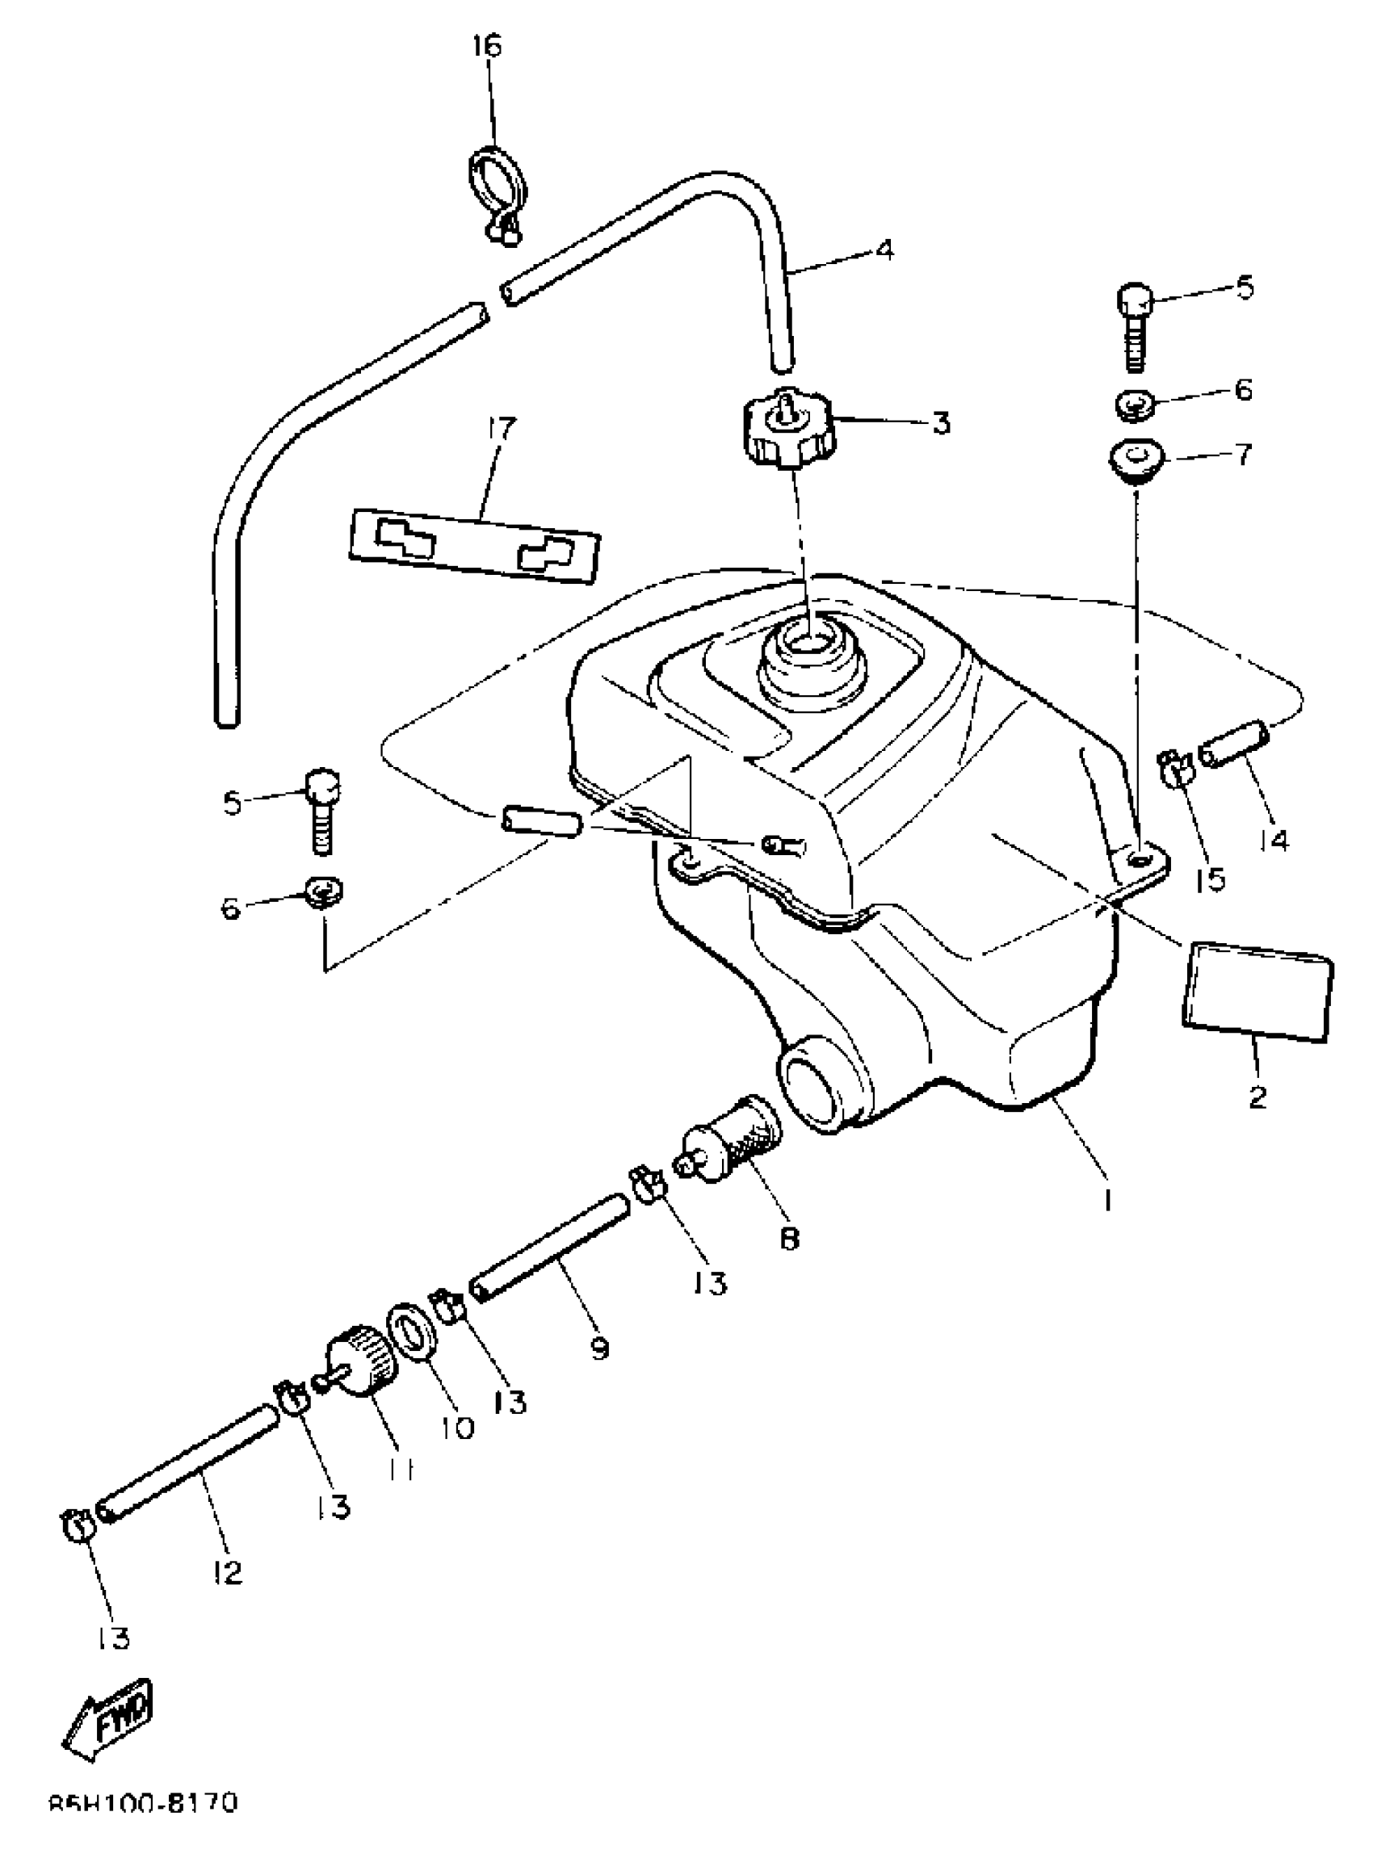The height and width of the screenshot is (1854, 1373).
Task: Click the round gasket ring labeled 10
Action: pos(413,1330)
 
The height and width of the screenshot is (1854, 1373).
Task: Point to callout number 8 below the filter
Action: pos(789,1238)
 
